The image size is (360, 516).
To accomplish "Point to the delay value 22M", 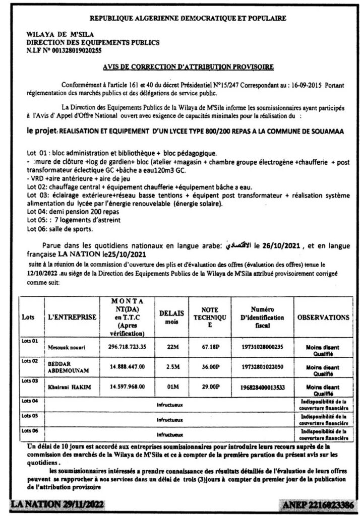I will [x=171, y=347].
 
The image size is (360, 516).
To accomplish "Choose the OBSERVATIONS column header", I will [x=324, y=318].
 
